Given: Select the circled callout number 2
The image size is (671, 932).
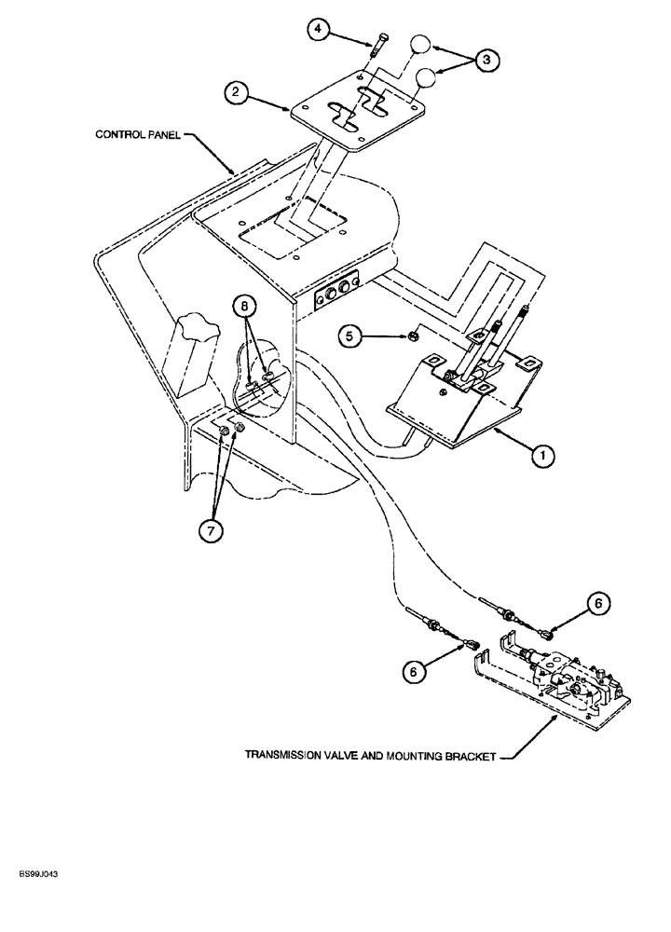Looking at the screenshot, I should [x=237, y=91].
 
